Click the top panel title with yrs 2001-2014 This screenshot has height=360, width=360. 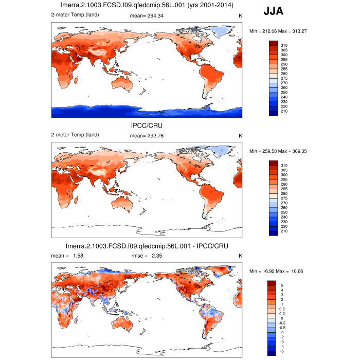[147, 6]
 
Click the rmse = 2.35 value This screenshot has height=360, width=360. [148, 255]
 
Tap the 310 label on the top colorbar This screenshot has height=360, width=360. [284, 46]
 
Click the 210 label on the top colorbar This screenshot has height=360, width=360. [284, 111]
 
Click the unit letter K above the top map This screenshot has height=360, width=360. [240, 16]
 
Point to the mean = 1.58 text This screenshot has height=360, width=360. [67, 255]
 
